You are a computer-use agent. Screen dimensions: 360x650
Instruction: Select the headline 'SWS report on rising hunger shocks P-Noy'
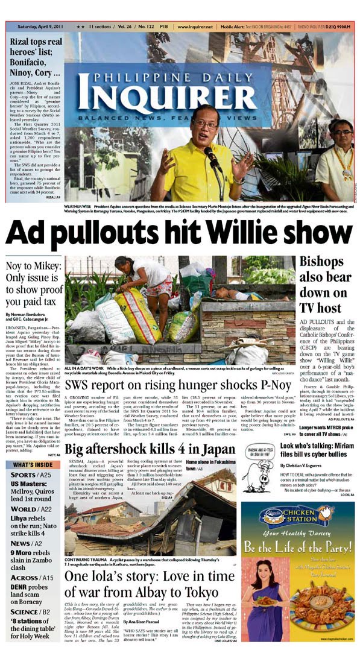coord(180,385)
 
